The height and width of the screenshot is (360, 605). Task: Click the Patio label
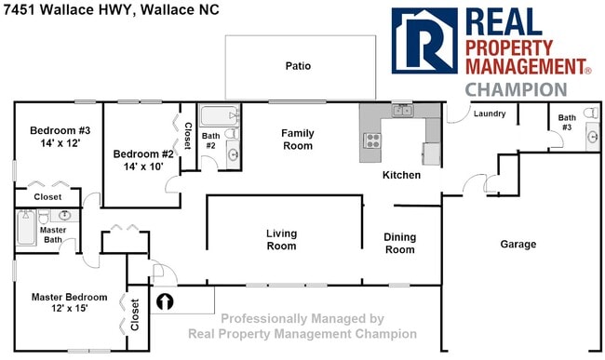pos(298,66)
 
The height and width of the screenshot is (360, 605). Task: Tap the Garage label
pos(518,245)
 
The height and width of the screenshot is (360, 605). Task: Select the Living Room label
pos(281,240)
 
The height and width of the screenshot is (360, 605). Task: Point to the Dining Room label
pos(399,244)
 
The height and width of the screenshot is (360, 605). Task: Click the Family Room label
pos(298,140)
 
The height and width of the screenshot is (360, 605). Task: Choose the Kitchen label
pos(402,175)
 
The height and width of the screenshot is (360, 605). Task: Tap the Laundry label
pos(489,114)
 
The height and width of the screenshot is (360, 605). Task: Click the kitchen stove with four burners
pos(372,141)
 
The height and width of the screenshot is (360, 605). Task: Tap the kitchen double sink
pos(402,111)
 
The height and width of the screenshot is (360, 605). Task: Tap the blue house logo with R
pos(423,42)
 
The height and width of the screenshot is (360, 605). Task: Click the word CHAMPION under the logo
pos(516,90)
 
